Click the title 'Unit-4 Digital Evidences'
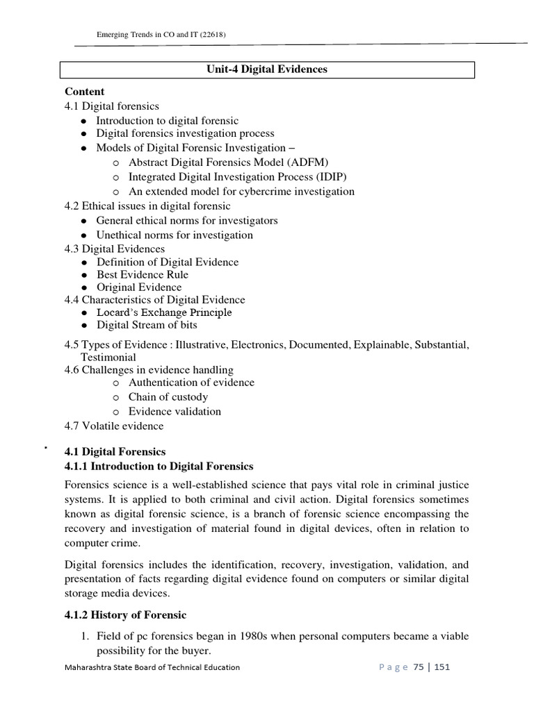point(266,69)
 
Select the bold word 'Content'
point(85,92)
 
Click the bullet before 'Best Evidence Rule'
point(83,275)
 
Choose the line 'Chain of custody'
point(168,397)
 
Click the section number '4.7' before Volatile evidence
point(72,426)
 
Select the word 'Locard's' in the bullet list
point(116,312)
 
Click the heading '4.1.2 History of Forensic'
point(126,615)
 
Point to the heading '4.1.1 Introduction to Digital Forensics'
point(159,466)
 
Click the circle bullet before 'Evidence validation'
point(115,412)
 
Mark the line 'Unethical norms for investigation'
point(175,235)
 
